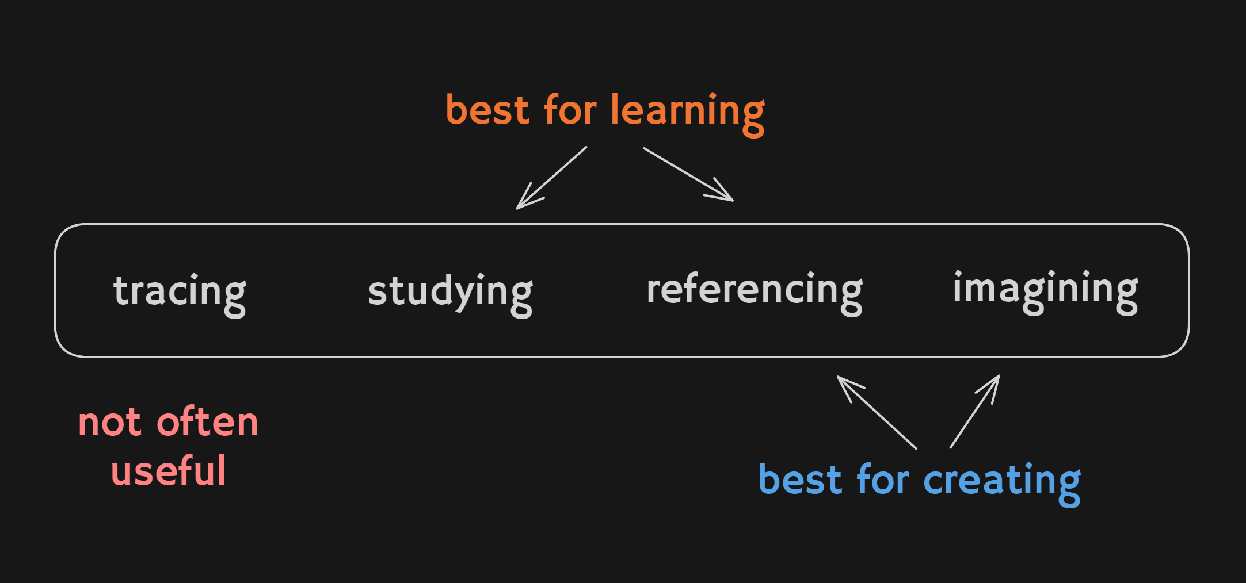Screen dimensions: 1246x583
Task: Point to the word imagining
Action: point(1046,291)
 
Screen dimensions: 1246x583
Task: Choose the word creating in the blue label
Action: point(1002,484)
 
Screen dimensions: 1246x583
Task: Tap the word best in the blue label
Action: point(801,479)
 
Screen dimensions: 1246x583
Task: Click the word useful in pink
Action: point(168,470)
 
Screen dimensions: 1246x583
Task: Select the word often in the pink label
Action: point(208,421)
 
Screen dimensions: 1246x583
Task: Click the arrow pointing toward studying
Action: point(551,178)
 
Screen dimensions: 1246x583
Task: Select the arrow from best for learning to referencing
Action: point(688,174)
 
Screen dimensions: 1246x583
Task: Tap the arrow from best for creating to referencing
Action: point(877,412)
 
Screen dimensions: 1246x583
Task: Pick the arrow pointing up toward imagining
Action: point(975,411)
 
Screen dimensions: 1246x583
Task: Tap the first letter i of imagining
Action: point(958,286)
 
